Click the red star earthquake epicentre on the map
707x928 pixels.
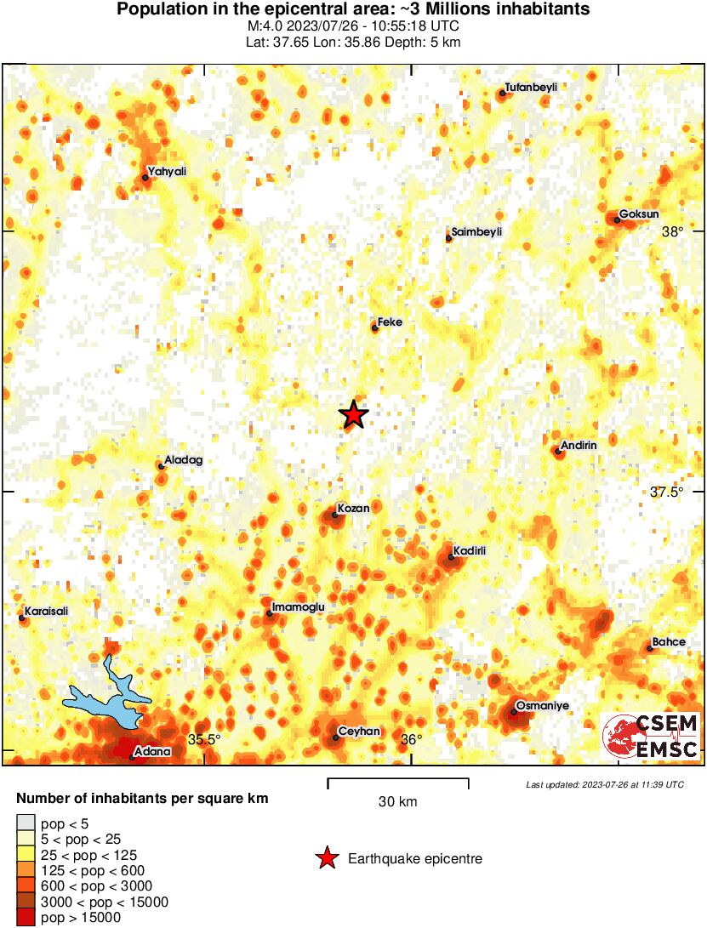click(354, 414)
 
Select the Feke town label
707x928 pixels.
click(390, 322)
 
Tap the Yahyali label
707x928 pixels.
click(167, 172)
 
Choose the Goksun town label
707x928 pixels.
click(639, 213)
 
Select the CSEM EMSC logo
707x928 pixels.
click(651, 737)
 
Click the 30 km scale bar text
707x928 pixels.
click(397, 801)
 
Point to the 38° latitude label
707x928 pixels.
click(673, 231)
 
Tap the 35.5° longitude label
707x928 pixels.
click(204, 739)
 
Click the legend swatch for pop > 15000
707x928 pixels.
click(26, 918)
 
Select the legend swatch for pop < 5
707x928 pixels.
click(26, 822)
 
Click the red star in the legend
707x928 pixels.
click(326, 859)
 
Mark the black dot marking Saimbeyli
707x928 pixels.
click(448, 238)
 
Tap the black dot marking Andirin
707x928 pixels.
click(558, 451)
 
